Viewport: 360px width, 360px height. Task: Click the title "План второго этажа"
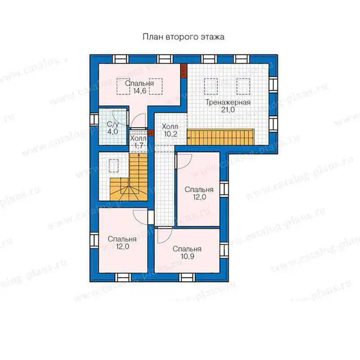pyautogui.click(x=184, y=37)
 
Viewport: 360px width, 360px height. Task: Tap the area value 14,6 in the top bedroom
pyautogui.click(x=139, y=91)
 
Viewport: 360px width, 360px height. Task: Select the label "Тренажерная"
pyautogui.click(x=228, y=103)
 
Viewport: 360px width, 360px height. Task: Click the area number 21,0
pyautogui.click(x=228, y=110)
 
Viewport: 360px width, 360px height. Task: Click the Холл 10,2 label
pyautogui.click(x=170, y=130)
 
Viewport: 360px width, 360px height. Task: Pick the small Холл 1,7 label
pyautogui.click(x=138, y=142)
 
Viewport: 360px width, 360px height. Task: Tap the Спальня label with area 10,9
pyautogui.click(x=187, y=252)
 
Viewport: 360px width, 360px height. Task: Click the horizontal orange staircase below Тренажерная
pyautogui.click(x=220, y=137)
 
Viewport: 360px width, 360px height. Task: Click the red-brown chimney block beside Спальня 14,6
pyautogui.click(x=184, y=71)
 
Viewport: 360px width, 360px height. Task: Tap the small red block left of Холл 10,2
pyautogui.click(x=150, y=133)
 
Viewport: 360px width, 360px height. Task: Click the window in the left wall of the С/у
pyautogui.click(x=94, y=119)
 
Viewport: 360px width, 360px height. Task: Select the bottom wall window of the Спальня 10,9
pyautogui.click(x=187, y=277)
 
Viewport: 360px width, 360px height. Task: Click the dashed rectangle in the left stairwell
pyautogui.click(x=114, y=166)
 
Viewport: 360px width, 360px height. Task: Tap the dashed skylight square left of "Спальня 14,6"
pyautogui.click(x=123, y=86)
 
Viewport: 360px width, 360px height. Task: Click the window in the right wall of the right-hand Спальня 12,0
pyautogui.click(x=224, y=189)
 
